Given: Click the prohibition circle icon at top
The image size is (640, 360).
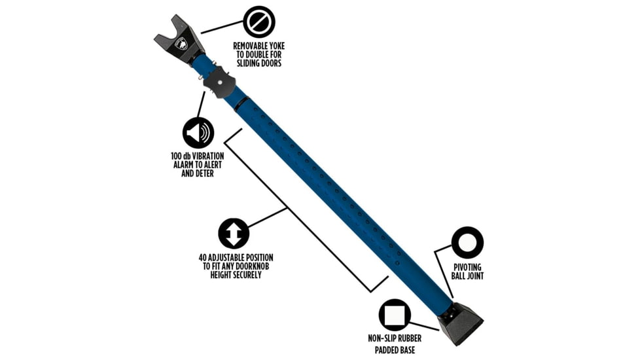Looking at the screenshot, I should tap(258, 22).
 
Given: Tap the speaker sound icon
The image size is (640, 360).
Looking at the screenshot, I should tap(198, 133).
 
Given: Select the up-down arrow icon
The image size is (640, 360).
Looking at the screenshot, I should tap(234, 233).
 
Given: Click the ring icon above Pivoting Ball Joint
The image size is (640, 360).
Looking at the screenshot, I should tap(467, 242).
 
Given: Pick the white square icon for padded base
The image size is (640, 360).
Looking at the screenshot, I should tap(395, 315).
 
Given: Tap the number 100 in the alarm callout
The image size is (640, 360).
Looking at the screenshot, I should tap(177, 156).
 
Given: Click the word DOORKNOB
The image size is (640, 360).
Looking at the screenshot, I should tap(254, 266).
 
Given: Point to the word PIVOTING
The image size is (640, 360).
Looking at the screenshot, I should tap(467, 267).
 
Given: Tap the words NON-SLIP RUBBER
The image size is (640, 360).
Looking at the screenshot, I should tap(395, 338).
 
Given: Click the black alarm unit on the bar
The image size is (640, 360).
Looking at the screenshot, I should tap(220, 84).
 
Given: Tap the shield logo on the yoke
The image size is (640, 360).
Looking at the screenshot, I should tap(181, 45).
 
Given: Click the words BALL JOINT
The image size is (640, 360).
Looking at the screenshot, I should tap(467, 276).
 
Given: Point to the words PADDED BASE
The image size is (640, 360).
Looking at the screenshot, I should tap(395, 350).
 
